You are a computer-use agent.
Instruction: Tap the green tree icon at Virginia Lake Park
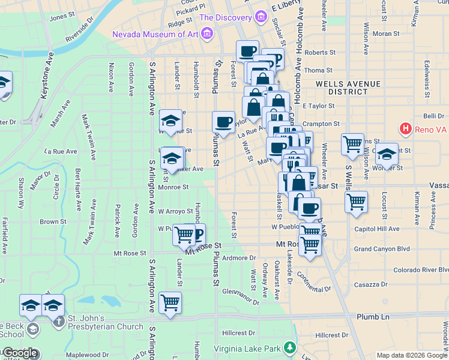tap(291, 347)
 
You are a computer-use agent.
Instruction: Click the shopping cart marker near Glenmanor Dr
tap(170, 302)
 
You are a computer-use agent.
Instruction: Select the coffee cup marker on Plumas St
tap(224, 122)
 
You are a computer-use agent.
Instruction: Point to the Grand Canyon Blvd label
tap(382, 248)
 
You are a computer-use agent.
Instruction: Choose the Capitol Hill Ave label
tap(377, 229)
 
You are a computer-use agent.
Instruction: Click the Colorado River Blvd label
tap(417, 269)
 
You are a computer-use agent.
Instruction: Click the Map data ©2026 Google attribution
tap(412, 355)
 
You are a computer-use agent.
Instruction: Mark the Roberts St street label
tap(319, 53)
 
